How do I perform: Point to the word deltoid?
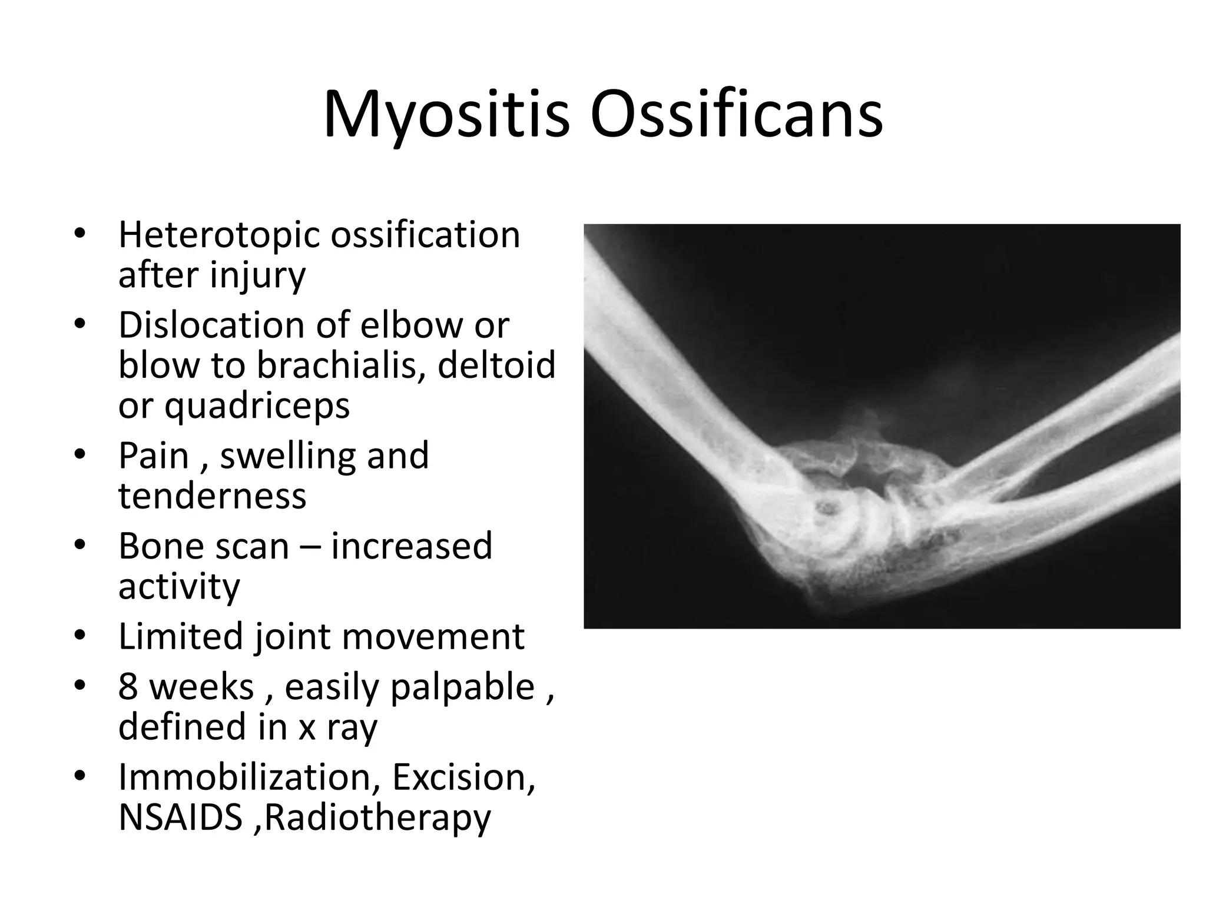[x=496, y=365]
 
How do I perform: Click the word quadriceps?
[x=257, y=406]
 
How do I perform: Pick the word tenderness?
[x=212, y=496]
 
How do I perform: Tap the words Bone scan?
[x=203, y=546]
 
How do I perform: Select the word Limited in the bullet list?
[x=180, y=637]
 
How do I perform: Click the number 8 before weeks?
[x=128, y=687]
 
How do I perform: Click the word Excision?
[x=463, y=777]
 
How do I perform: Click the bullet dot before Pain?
[x=81, y=456]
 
